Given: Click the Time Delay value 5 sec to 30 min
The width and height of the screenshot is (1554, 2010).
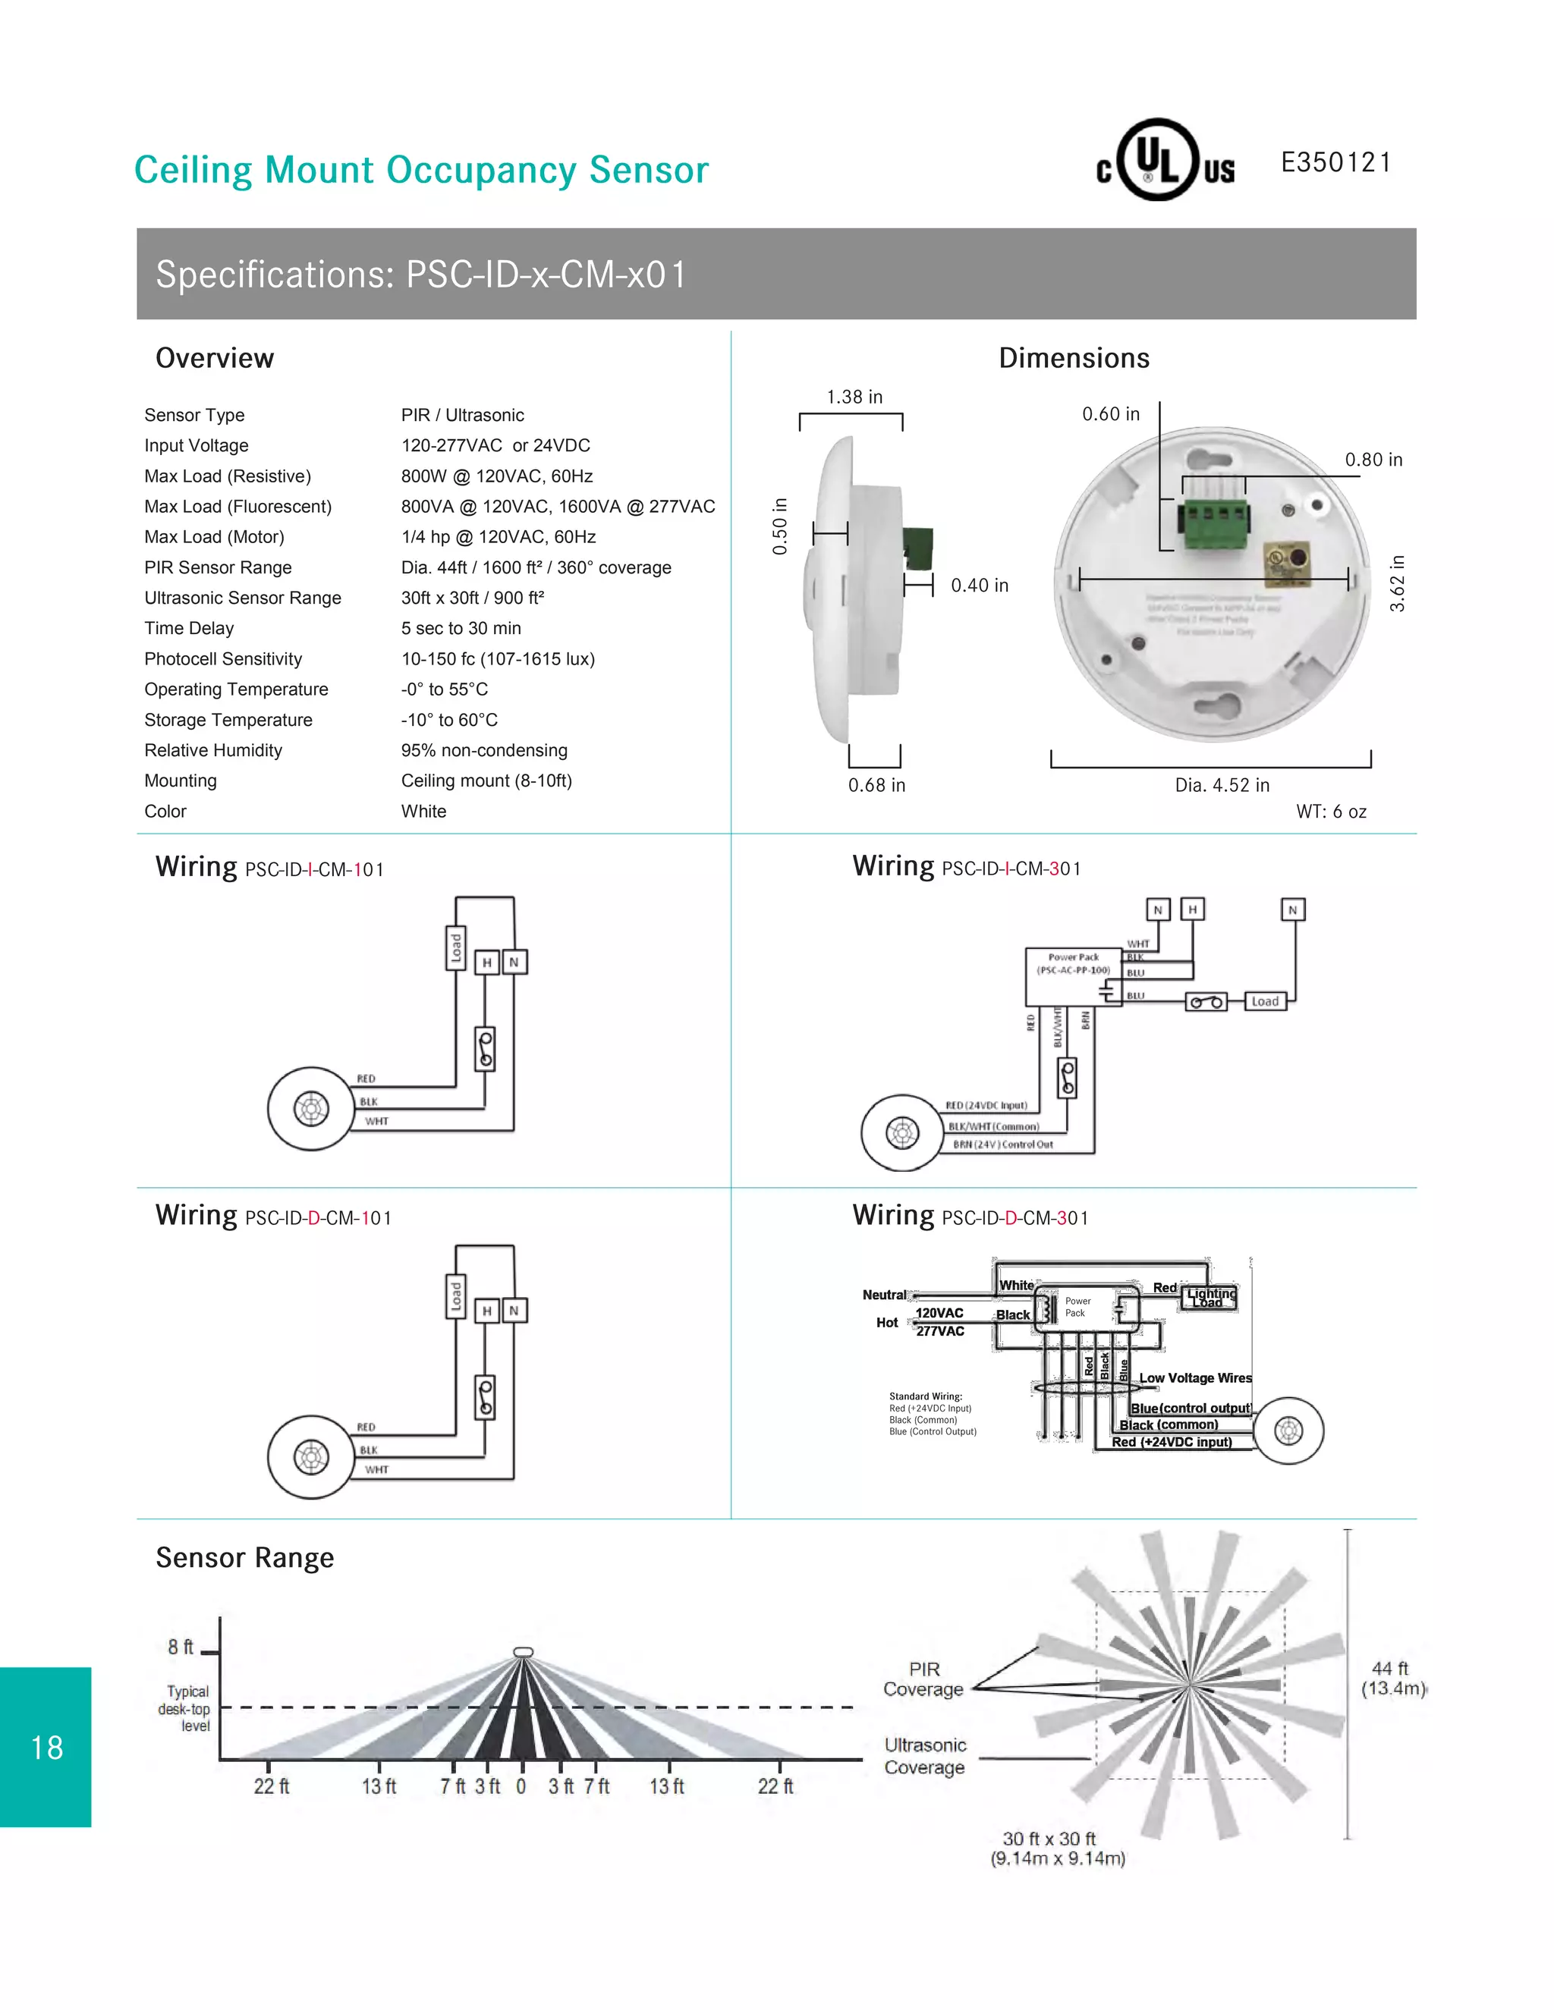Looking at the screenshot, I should pos(461,629).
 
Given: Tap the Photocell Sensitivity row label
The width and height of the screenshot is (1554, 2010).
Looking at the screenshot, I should pos(223,659).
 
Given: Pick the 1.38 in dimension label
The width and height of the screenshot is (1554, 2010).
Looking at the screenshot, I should pos(854,397).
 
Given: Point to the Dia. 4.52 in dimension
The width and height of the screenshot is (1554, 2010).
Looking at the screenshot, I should pos(1222,785).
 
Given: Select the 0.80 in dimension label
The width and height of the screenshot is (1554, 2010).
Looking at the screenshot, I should pos(1373,459).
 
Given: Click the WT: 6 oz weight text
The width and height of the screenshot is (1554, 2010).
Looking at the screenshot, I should pos(1330,812).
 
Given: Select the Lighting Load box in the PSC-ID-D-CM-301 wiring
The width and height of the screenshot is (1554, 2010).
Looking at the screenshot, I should pos(1210,1298).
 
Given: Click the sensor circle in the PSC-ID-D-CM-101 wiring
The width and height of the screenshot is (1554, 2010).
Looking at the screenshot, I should pos(311,1457).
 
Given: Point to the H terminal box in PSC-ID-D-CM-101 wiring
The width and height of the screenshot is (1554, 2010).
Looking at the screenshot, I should pos(487,1311).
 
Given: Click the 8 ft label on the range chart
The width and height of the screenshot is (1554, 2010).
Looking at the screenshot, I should pos(181,1647).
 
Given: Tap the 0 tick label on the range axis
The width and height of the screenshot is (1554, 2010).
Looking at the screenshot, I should pos(521,1786).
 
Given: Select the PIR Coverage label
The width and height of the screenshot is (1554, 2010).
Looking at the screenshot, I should pos(923,1679).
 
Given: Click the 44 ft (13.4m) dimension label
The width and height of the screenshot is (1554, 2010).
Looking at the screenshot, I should pos(1392,1678).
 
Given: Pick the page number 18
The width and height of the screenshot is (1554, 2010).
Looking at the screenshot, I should pos(47,1747).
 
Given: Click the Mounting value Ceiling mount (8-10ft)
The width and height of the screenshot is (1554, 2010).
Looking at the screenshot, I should pos(486,781).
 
